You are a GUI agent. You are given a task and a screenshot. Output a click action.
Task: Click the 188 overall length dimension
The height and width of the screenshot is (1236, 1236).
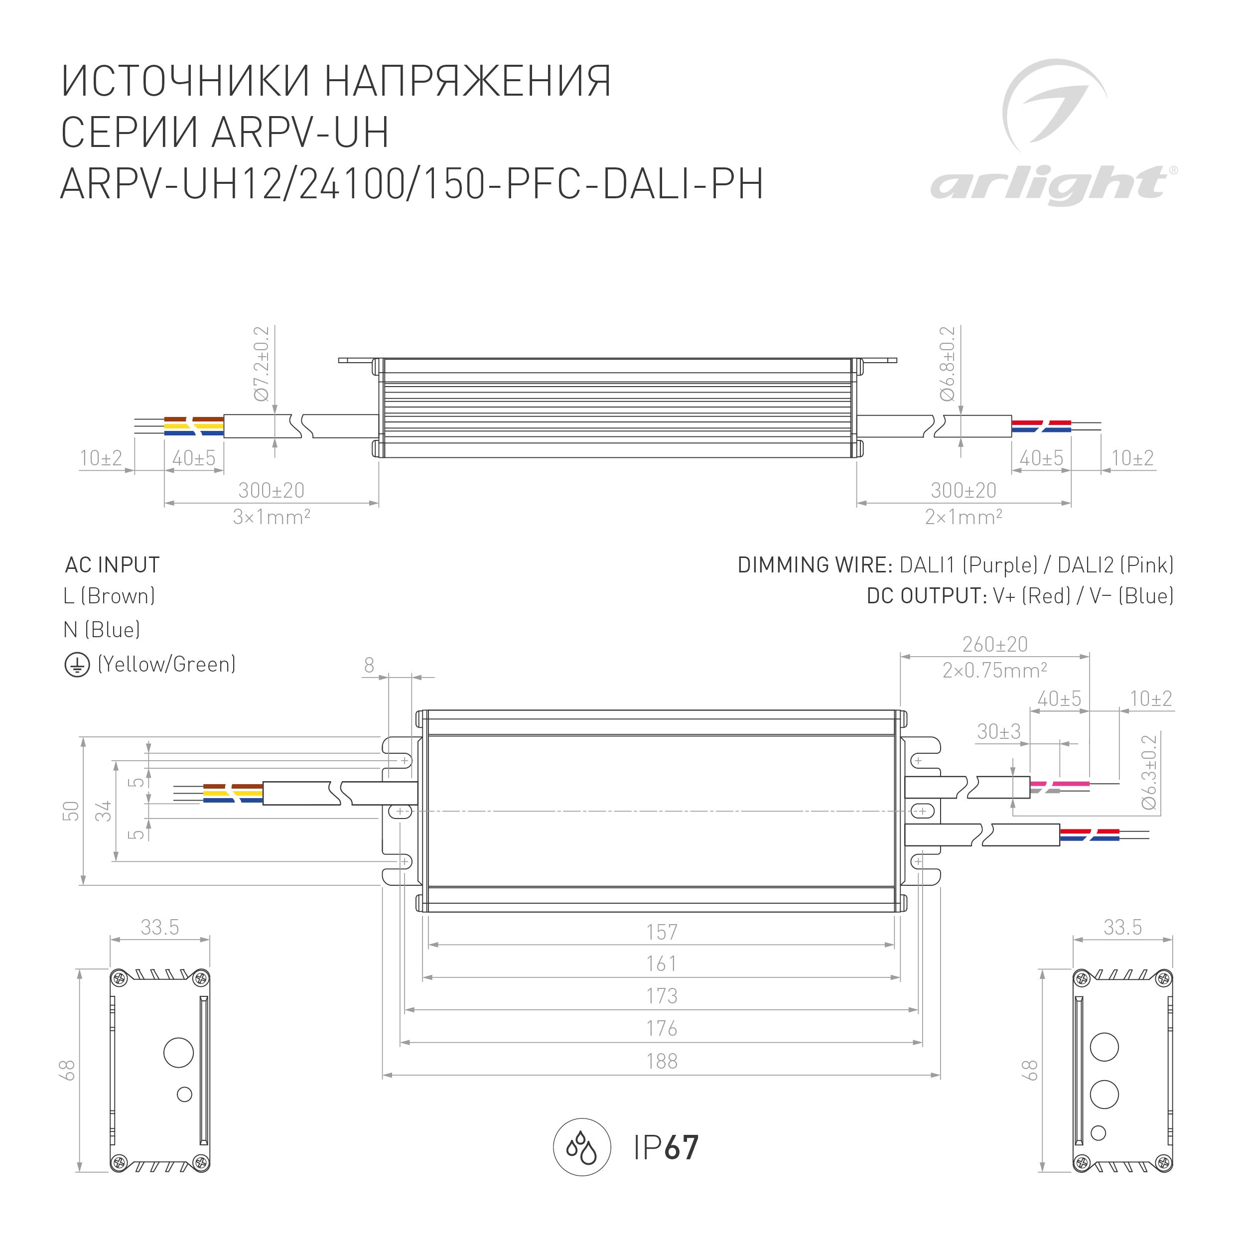662,1061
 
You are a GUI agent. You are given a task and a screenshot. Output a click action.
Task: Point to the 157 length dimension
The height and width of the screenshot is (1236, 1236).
662,932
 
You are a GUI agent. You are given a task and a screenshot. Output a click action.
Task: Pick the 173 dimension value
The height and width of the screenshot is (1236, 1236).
662,996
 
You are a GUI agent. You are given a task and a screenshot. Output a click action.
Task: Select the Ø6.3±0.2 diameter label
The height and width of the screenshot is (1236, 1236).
1150,772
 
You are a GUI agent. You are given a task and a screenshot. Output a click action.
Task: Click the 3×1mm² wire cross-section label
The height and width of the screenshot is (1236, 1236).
272,517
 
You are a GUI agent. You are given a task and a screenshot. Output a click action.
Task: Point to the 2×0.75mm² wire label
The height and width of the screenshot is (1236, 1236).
995,671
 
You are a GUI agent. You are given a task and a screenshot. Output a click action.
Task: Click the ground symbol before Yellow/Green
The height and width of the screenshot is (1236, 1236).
77,666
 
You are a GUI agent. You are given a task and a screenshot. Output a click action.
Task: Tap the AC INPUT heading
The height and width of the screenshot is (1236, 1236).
113,565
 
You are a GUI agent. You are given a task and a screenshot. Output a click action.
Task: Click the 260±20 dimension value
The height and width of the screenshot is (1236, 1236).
995,644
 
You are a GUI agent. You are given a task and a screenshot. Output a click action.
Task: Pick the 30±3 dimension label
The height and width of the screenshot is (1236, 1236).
999,731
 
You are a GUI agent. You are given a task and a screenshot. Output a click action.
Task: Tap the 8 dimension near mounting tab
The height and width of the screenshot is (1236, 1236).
369,666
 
